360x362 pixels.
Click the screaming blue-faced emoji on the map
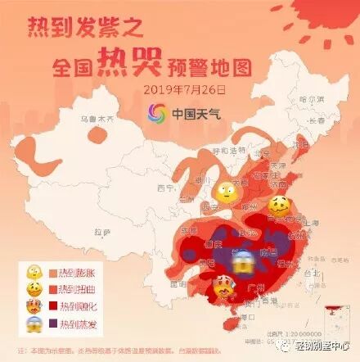pos(241,263)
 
